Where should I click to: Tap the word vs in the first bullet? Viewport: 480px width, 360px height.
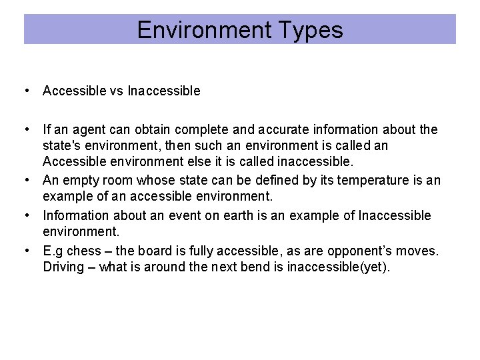click(x=117, y=91)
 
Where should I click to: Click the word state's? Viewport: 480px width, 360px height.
click(x=65, y=145)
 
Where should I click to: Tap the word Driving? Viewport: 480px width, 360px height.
click(x=64, y=267)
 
